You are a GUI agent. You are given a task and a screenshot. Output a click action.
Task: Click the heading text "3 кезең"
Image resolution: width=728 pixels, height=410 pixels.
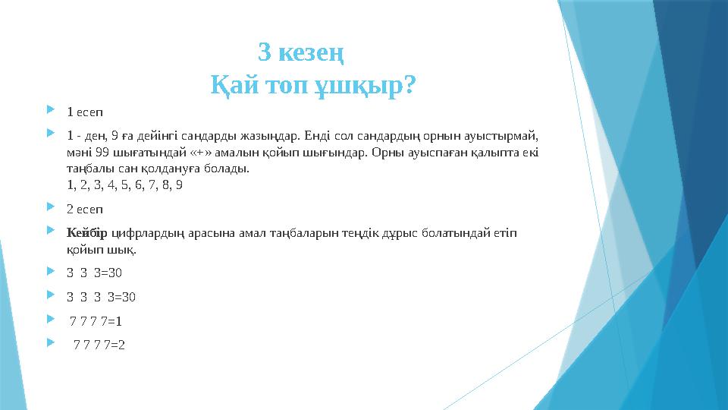coord(301,52)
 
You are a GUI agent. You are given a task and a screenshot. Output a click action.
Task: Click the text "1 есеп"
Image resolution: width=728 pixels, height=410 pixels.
coord(85,112)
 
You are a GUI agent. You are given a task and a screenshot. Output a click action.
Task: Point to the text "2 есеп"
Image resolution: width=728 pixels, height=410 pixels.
coord(85,207)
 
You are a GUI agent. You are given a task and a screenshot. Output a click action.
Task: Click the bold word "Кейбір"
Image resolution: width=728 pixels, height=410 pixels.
coord(87,232)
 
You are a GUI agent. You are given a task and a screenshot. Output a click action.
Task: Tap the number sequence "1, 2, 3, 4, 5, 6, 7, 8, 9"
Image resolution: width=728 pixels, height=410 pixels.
coord(124,184)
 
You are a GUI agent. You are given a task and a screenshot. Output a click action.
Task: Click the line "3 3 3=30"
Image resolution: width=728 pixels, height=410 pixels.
coord(94,273)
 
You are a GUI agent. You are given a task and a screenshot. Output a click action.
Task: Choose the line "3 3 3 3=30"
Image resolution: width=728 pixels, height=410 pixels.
coord(101,296)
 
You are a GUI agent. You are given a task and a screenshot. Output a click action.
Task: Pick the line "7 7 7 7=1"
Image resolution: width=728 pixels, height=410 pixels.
coord(96,320)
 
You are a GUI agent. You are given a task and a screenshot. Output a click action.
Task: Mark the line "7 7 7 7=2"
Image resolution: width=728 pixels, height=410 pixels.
coord(99,344)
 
